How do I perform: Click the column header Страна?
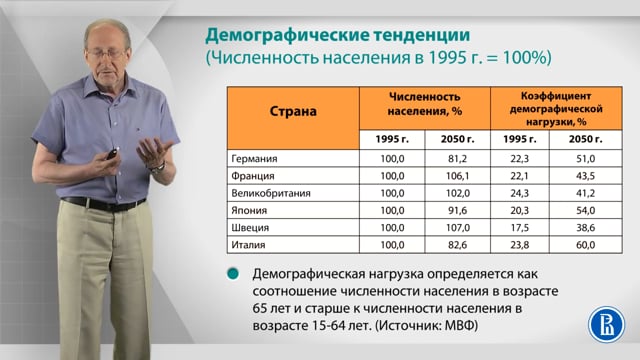(293, 111)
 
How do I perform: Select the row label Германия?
(254, 158)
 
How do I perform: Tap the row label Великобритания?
(271, 193)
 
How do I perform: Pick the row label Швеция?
(250, 228)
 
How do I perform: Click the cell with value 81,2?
(457, 158)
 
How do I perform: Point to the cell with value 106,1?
(458, 176)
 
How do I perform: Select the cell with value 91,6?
(457, 211)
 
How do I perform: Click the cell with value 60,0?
(585, 245)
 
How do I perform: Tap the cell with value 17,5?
(520, 228)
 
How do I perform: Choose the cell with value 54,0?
(585, 211)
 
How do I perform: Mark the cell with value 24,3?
(520, 193)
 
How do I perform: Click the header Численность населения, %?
(424, 104)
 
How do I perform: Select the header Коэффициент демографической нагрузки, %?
(556, 109)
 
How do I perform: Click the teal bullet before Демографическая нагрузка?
(233, 274)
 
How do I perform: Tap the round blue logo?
(606, 324)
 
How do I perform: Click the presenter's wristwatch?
(158, 167)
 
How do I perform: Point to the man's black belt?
(103, 204)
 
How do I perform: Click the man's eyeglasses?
(107, 53)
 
